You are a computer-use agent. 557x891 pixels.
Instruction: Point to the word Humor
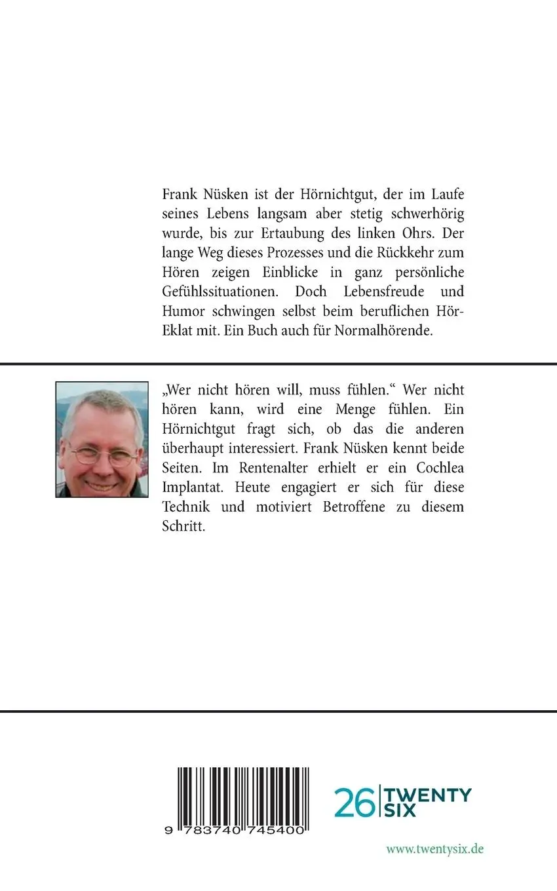[x=181, y=311]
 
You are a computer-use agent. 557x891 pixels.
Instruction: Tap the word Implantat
[x=191, y=487]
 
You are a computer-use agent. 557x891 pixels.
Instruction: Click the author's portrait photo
[x=102, y=439]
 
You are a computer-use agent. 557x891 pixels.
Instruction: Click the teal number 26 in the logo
[x=355, y=803]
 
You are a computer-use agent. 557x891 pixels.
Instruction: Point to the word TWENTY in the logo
[x=427, y=794]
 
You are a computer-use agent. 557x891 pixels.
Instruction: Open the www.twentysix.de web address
[x=434, y=848]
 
